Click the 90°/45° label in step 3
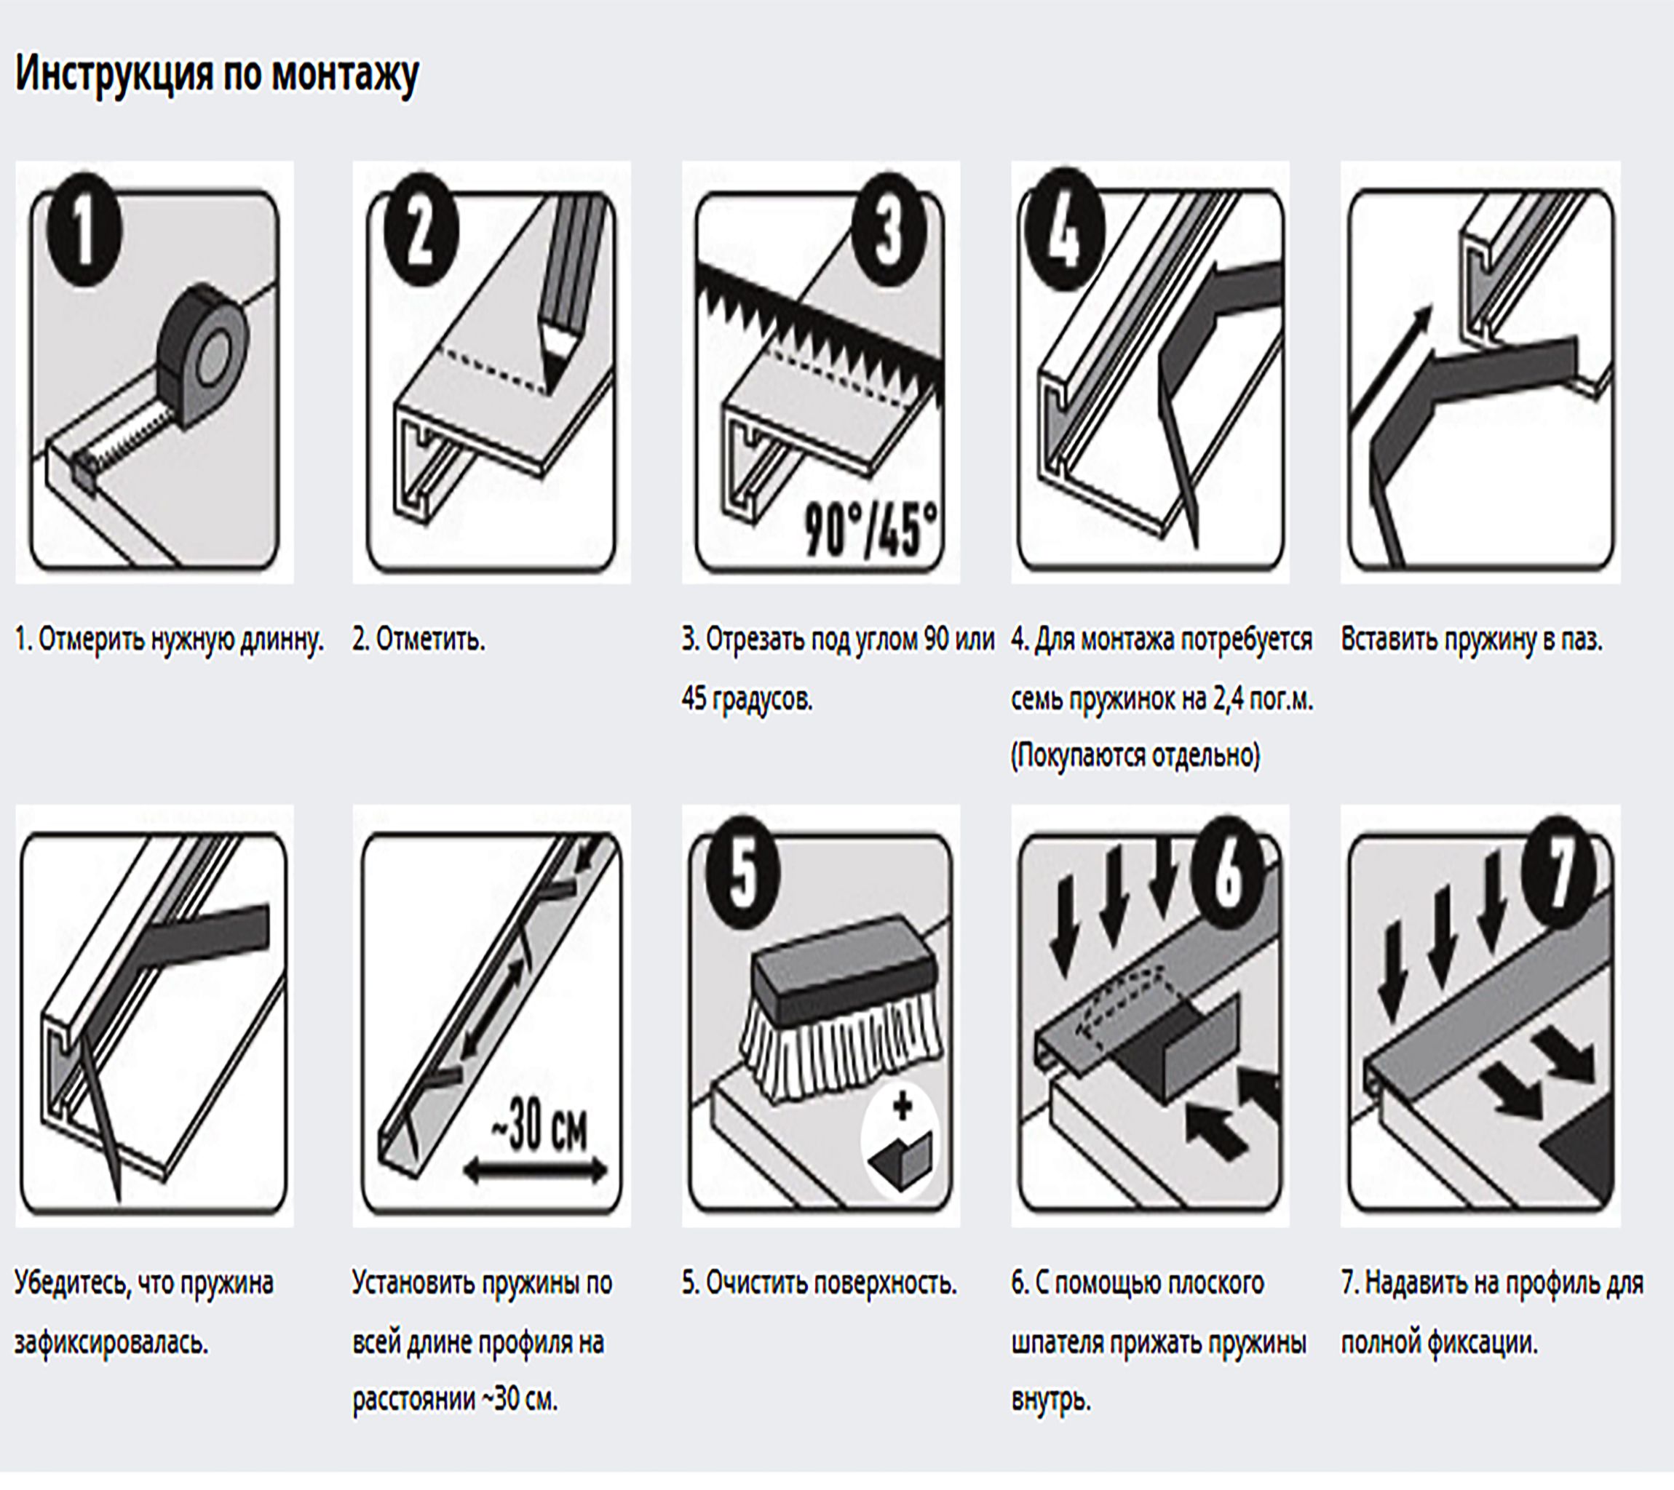point(870,529)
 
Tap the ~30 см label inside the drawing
point(539,1130)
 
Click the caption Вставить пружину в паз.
point(1471,640)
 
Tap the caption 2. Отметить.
point(418,640)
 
